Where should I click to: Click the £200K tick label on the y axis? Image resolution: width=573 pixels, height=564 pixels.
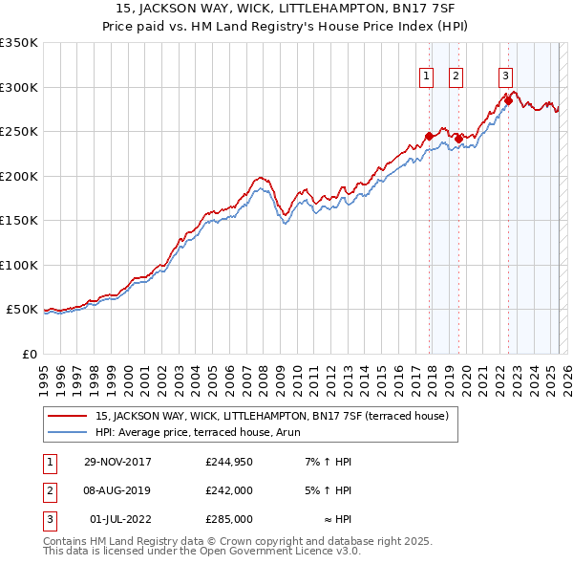[x=19, y=176]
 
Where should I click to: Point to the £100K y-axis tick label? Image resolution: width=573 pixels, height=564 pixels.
[x=19, y=265]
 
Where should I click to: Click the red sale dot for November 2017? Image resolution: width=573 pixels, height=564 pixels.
[x=429, y=137]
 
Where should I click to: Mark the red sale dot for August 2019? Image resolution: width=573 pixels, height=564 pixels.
[x=458, y=139]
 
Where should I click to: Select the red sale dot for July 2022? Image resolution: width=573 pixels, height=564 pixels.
[x=507, y=100]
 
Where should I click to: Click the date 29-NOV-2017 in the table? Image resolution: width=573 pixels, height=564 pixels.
[x=117, y=462]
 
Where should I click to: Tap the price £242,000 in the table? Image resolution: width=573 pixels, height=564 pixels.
[x=229, y=490]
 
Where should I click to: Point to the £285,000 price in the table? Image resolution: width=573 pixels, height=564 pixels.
[x=229, y=519]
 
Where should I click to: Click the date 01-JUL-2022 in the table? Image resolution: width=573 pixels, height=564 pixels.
[x=119, y=519]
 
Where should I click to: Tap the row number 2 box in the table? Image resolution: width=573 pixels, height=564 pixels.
[x=46, y=490]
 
